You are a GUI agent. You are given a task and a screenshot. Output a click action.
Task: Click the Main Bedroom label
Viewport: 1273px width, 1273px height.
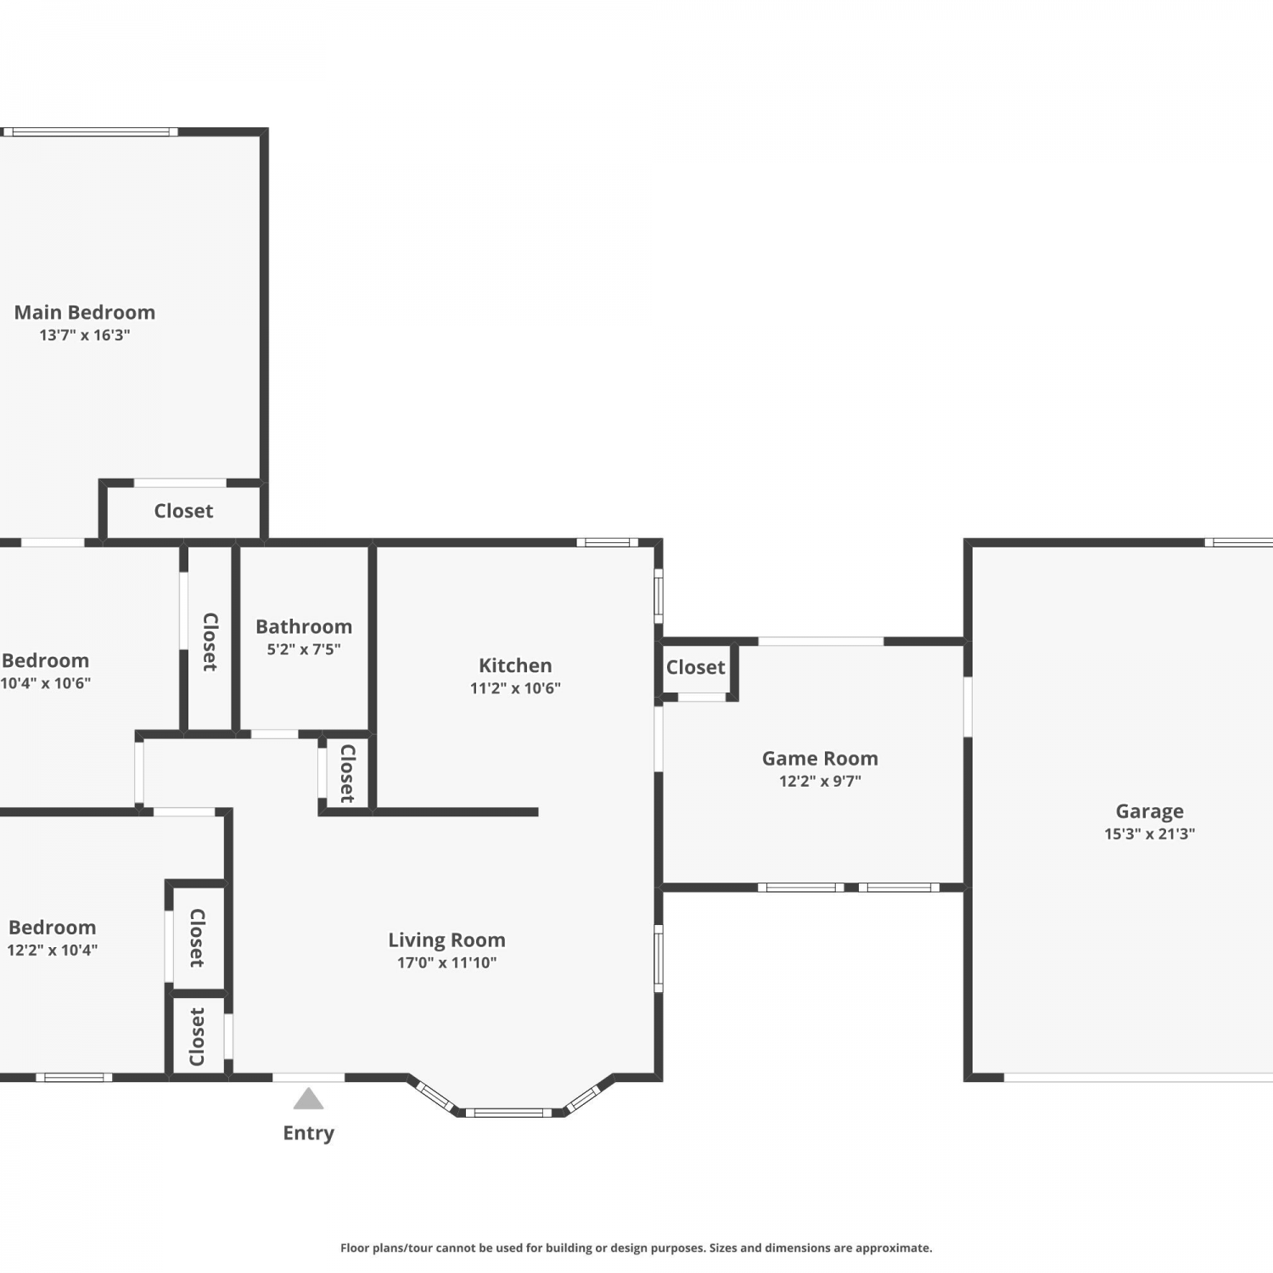[85, 312]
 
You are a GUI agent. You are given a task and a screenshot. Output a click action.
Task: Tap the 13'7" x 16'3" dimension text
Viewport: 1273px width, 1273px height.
[85, 335]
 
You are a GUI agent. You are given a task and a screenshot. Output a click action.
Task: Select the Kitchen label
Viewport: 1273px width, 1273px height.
[515, 665]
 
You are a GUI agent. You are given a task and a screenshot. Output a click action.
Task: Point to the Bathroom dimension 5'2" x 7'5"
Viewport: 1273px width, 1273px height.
[304, 649]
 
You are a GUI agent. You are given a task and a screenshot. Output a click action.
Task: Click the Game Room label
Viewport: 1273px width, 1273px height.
[820, 759]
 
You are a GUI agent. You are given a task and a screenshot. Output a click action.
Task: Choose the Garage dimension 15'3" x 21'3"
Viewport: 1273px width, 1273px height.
[1149, 834]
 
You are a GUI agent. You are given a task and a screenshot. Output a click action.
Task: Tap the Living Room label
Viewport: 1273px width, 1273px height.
[446, 940]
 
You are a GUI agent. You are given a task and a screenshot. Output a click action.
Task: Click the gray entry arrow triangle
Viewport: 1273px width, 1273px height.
[308, 1099]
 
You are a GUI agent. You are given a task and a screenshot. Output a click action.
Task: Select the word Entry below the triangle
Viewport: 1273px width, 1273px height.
[309, 1133]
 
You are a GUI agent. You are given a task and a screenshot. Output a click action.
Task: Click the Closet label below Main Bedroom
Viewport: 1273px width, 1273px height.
[183, 511]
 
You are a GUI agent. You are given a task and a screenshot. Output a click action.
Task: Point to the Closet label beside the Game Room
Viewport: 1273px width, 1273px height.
[696, 667]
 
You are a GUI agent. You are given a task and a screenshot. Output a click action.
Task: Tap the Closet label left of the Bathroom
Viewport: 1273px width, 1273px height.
[210, 642]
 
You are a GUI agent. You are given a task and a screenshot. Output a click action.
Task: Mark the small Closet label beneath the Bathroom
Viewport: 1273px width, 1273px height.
[347, 773]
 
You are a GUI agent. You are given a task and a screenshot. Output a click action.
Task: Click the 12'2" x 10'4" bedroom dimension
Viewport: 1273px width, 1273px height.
[52, 951]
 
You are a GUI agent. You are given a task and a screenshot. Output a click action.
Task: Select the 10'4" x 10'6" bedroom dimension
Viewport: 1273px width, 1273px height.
[45, 683]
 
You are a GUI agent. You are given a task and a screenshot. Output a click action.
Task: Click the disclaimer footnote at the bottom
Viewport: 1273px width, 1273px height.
[636, 1248]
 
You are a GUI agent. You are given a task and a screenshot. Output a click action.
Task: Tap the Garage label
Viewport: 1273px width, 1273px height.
[1149, 811]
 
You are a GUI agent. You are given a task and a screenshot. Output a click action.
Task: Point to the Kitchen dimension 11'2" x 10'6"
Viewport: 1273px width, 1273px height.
[515, 688]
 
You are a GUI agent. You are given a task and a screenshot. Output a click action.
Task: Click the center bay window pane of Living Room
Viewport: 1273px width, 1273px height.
[509, 1113]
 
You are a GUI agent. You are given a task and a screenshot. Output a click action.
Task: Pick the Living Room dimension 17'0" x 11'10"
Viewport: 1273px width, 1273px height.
[446, 963]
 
